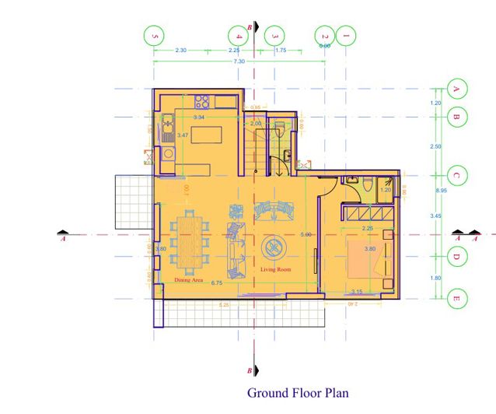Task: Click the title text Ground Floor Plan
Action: (299, 392)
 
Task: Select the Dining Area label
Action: (189, 279)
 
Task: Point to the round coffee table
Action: (274, 248)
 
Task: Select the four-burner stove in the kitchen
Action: (204, 100)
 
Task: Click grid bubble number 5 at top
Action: (155, 35)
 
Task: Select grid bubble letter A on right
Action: (456, 89)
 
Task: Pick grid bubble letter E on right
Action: (456, 297)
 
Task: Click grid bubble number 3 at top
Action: (274, 35)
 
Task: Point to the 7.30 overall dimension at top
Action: (239, 61)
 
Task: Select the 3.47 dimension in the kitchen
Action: (183, 135)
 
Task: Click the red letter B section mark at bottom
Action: (249, 370)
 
